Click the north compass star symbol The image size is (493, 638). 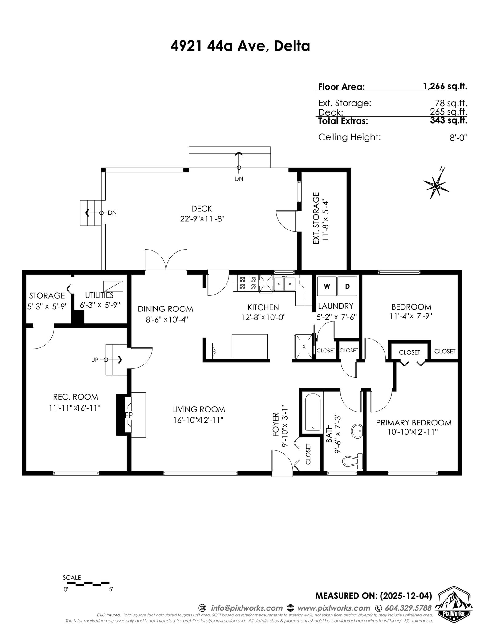pos(436,186)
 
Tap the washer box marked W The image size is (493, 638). pos(327,286)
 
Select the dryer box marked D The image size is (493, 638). pos(347,286)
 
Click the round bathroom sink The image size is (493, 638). pos(357,430)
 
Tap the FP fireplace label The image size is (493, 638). pos(128,415)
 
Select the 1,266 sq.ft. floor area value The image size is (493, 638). pos(445,86)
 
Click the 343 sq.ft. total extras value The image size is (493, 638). pos(448,120)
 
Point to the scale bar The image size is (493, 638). pos(88,583)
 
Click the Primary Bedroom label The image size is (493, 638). pos(414,422)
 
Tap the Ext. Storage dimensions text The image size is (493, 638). pos(326,220)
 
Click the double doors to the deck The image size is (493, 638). pos(166,261)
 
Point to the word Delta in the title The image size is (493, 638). pos(291,46)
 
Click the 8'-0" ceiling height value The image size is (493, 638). pos(458,138)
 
